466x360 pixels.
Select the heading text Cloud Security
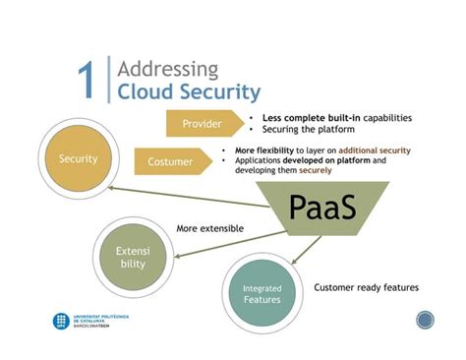click(188, 92)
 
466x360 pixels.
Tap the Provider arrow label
click(200, 125)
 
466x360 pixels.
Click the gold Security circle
click(78, 158)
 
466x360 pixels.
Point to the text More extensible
click(209, 228)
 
